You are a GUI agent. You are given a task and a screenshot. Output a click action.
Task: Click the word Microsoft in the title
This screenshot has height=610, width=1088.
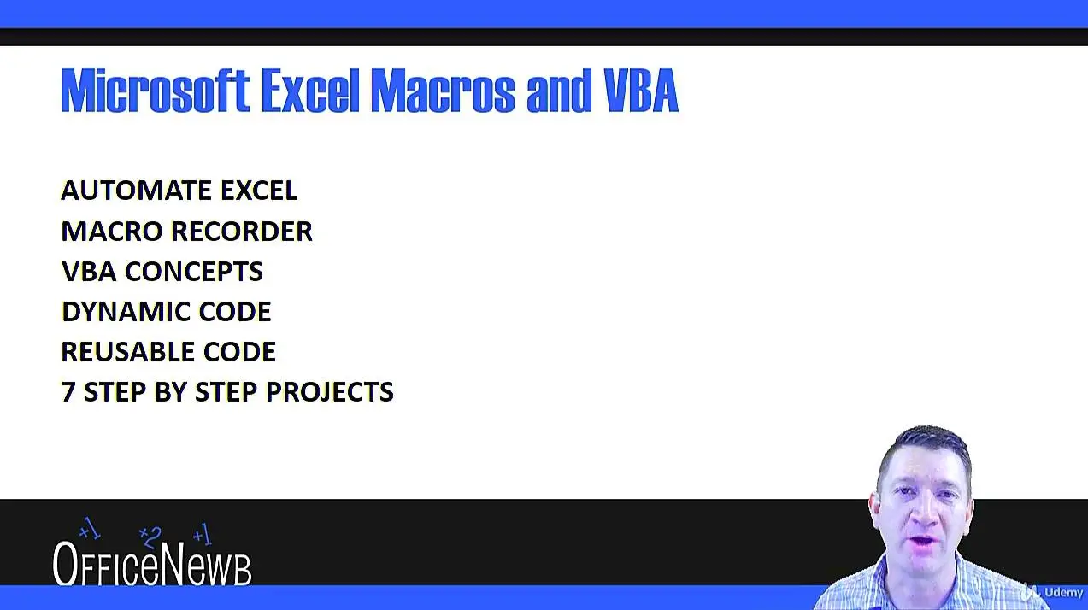[x=155, y=91]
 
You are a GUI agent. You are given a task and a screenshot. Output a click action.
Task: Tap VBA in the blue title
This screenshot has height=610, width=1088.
[x=641, y=91]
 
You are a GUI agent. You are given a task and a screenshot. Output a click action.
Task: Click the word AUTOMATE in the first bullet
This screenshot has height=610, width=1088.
[x=136, y=190]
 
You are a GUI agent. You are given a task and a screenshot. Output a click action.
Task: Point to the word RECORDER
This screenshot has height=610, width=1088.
[x=242, y=231]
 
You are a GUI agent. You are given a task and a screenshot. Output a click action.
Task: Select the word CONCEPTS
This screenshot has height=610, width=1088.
[x=194, y=271]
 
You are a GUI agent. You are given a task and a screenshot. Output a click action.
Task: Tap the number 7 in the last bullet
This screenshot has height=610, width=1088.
[x=68, y=392]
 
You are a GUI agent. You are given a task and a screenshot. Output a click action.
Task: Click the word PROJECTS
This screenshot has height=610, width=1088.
[x=330, y=392]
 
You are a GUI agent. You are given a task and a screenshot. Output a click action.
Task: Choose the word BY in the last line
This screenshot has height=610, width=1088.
[x=170, y=392]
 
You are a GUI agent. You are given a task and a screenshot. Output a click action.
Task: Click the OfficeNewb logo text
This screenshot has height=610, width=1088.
[x=152, y=563]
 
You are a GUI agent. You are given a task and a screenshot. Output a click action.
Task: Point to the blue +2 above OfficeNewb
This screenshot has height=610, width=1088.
[x=150, y=537]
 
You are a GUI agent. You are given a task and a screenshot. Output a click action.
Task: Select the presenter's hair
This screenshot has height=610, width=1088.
[x=926, y=447]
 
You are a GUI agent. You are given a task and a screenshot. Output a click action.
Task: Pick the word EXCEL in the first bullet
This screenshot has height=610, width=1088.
[x=259, y=190]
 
